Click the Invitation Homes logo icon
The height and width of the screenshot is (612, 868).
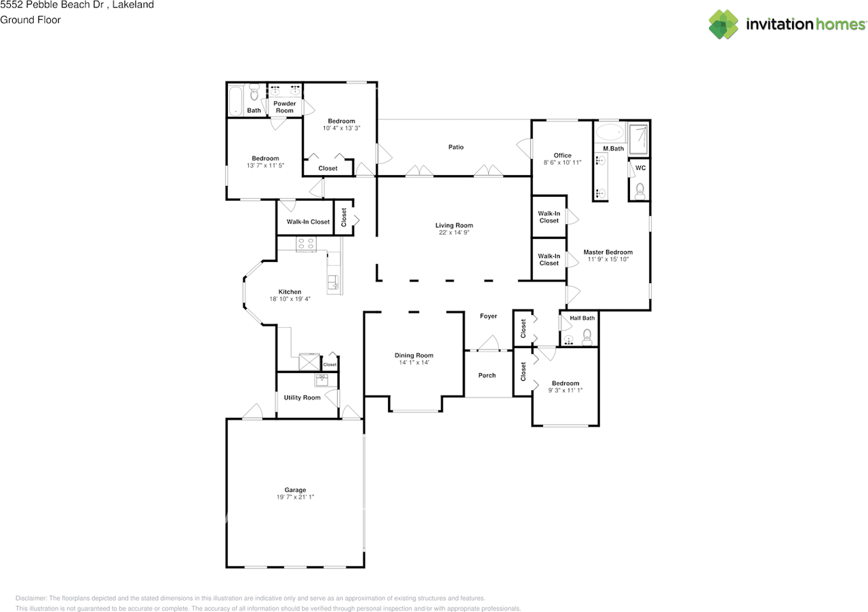tap(724, 24)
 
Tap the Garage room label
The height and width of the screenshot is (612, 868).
tap(295, 490)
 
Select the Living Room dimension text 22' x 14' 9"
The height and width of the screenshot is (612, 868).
tap(454, 233)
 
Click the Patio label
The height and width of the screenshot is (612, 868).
tap(456, 147)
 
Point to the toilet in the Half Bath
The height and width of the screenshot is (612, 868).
tap(587, 336)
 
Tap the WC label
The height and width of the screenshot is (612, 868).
tap(640, 168)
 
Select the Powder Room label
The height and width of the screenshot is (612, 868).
tap(285, 107)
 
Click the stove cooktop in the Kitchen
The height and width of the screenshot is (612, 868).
tap(306, 243)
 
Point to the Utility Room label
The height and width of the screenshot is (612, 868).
tap(302, 398)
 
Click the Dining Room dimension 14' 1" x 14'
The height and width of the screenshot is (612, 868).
tap(414, 363)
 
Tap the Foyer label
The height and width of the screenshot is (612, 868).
tap(488, 316)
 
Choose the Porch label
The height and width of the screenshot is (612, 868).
tap(487, 375)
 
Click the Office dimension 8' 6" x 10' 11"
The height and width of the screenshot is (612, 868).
tap(562, 163)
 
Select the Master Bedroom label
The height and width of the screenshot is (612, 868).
tap(608, 252)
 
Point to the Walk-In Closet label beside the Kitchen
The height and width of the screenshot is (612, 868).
tap(308, 222)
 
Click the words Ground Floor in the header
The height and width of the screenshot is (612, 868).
tap(31, 20)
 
